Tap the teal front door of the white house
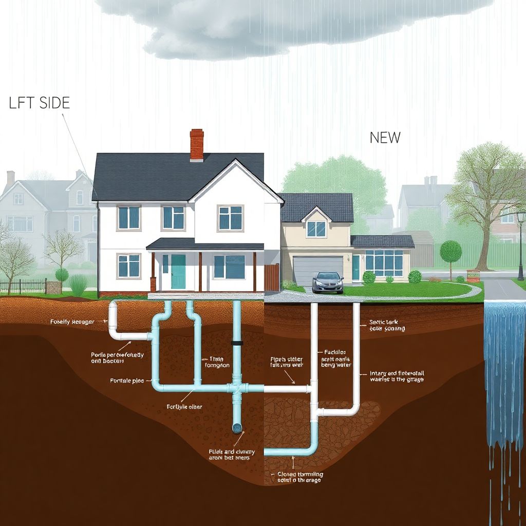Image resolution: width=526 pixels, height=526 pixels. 178,272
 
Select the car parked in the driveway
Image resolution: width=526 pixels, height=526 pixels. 328,281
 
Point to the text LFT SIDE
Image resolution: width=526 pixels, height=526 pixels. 39,103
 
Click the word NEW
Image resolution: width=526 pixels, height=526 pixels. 385,137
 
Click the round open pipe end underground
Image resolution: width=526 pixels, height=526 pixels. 238,427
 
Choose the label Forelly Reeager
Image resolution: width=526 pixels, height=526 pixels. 72,322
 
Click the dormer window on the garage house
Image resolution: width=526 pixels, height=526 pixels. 316,229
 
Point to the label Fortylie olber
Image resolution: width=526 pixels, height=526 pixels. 184,406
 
